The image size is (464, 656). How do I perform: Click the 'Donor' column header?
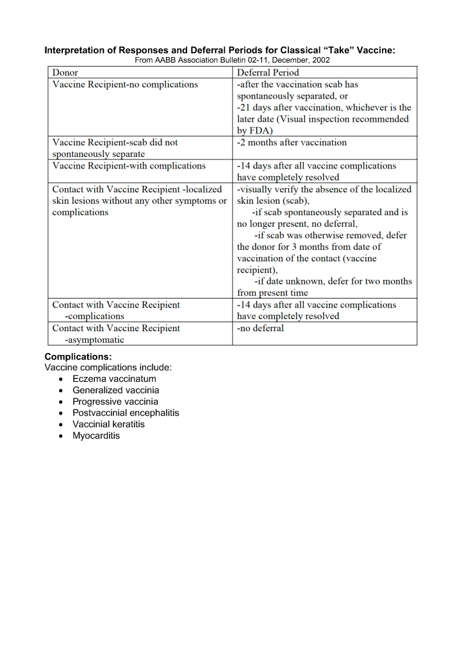65,72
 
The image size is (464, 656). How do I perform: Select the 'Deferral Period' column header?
268,72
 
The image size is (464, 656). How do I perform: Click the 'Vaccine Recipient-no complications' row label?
125,85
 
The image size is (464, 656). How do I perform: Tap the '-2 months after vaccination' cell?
292,142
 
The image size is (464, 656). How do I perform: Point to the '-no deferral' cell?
260,328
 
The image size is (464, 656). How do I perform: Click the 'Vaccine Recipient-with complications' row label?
129,166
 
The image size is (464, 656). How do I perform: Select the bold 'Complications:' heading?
78,356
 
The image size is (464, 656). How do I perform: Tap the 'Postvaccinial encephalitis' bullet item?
126,413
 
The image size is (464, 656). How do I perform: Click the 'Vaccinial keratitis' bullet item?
108,424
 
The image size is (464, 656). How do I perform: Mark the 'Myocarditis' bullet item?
96,436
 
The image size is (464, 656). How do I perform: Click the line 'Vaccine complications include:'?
108,368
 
